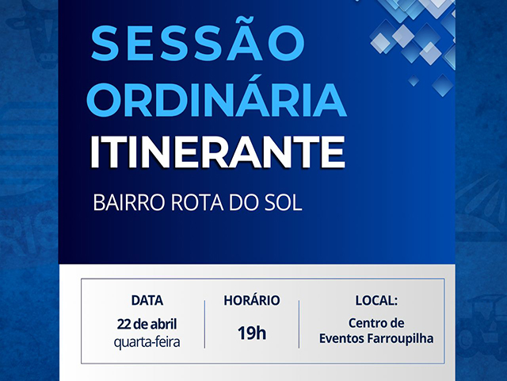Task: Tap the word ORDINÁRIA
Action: (217, 100)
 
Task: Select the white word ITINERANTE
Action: (217, 152)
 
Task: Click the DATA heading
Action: (147, 301)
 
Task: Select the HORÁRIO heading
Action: (251, 301)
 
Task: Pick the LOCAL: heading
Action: (376, 301)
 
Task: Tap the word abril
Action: (162, 324)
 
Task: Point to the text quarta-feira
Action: (147, 342)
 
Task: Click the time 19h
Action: (252, 333)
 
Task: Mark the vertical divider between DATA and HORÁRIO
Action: (204, 324)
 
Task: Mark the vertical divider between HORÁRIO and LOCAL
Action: (299, 324)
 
